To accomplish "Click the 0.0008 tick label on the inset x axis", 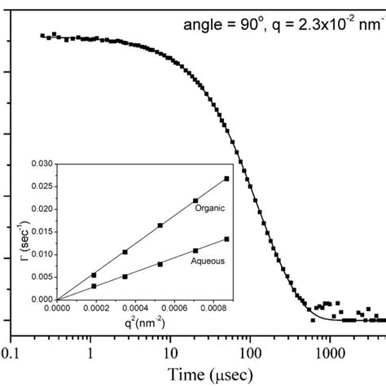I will [209, 309].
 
